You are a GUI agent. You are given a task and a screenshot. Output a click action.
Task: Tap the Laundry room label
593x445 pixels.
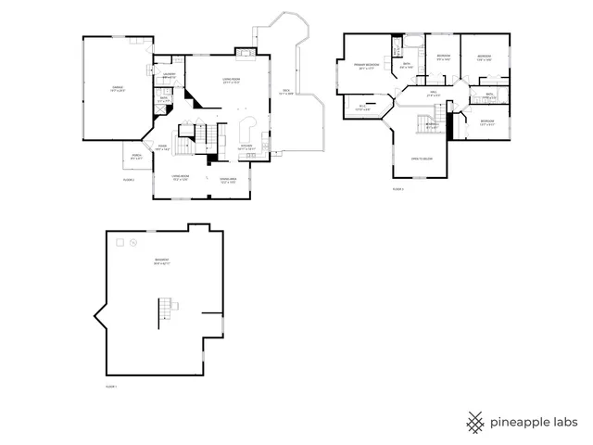click(170, 75)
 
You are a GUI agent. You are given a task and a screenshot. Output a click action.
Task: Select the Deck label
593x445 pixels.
click(287, 92)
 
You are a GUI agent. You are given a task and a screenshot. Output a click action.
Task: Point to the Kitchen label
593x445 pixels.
click(246, 147)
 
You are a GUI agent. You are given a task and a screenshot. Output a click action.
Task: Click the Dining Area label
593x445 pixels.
click(228, 180)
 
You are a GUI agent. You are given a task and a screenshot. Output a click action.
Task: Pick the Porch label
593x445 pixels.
click(136, 157)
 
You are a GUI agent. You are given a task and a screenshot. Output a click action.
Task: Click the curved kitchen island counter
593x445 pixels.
click(248, 126)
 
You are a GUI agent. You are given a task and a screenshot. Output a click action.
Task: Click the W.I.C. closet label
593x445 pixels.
click(363, 108)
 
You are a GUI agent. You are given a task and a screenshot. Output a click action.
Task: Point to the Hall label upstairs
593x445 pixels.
click(434, 95)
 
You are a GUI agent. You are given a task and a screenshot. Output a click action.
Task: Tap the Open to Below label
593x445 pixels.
click(423, 159)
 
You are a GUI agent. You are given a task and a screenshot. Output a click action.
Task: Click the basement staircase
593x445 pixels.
click(168, 307)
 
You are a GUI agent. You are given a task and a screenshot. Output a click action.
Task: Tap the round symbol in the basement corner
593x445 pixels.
click(132, 243)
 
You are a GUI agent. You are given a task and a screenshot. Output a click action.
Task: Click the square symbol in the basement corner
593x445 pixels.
click(118, 242)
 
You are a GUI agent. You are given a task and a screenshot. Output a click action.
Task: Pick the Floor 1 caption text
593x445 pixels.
click(111, 385)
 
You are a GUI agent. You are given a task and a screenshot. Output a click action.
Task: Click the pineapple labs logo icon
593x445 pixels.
click(476, 422)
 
